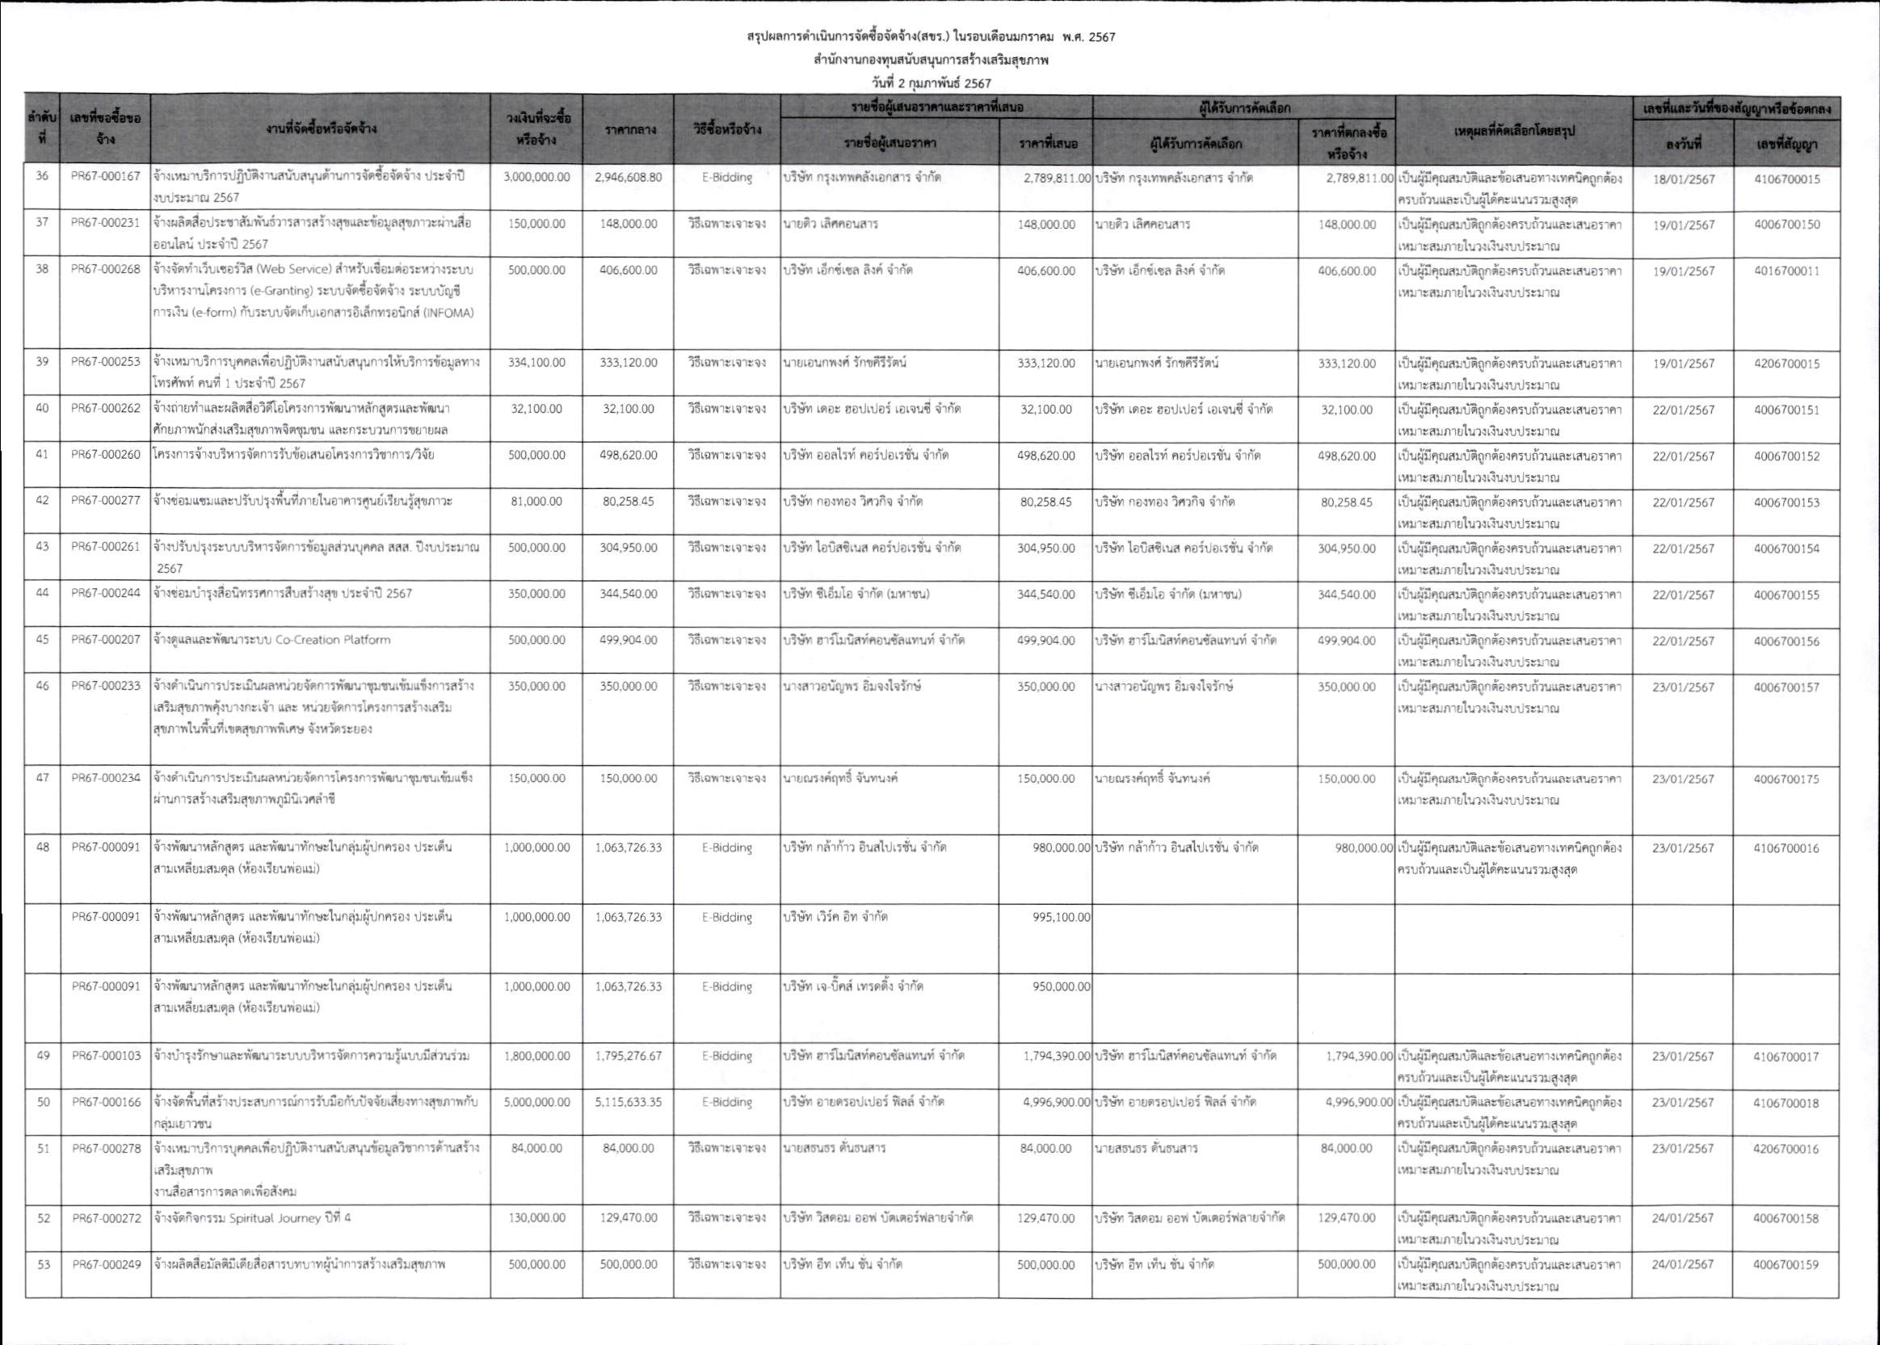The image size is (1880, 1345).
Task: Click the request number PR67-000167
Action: coord(105,177)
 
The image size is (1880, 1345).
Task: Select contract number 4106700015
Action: coord(1786,179)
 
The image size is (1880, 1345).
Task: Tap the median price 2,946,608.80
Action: coord(628,177)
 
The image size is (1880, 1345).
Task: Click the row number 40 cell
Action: coord(42,409)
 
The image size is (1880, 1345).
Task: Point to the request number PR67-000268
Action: coord(105,270)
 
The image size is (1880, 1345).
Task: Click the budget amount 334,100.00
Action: coord(536,363)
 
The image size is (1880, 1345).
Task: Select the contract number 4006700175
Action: coord(1786,779)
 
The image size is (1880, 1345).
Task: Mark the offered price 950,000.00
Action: coord(1062,986)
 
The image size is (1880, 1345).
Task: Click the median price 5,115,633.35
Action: coord(628,1103)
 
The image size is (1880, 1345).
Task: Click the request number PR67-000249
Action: coord(105,1264)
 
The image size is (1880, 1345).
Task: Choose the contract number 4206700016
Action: coord(1786,1149)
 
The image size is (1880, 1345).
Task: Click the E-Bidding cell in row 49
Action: coord(726,1056)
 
